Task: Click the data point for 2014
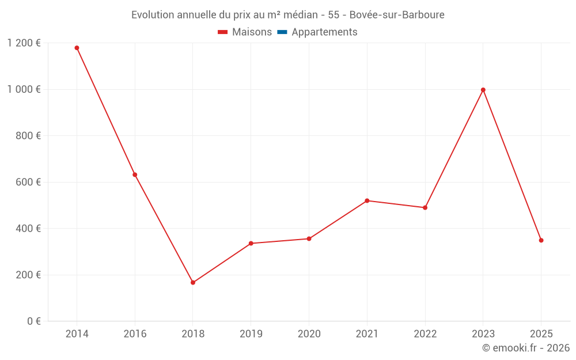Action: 77,48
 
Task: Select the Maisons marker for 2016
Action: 135,175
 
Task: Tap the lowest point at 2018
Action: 193,282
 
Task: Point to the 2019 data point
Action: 251,243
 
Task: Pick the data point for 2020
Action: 309,238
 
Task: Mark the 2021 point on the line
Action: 367,200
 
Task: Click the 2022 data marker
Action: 425,207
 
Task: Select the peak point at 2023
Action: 483,90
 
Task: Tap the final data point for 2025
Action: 541,240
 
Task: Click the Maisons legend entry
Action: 245,32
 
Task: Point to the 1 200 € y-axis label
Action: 24,43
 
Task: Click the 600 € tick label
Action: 28,182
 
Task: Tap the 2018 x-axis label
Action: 193,334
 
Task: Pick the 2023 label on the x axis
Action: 483,334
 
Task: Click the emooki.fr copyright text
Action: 526,348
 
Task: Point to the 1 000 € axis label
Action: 24,89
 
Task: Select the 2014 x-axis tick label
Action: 77,334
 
